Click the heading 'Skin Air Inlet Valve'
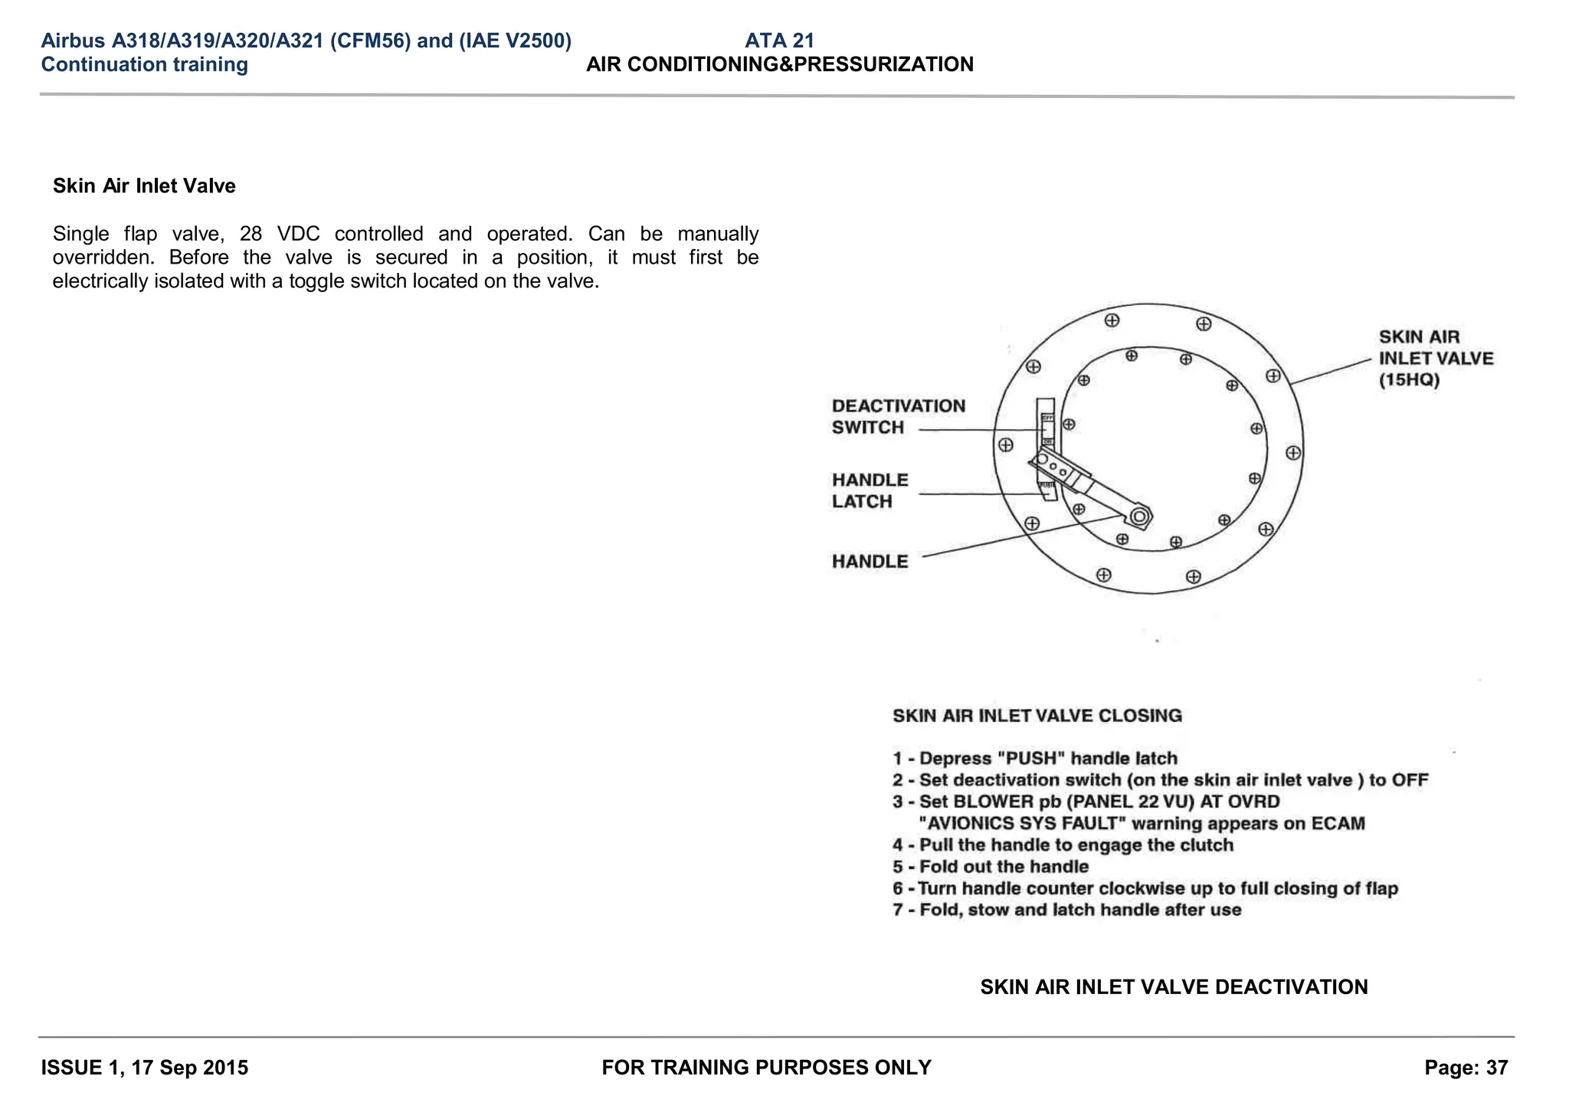tap(144, 186)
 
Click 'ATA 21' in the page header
tap(779, 41)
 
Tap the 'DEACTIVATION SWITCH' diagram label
tap(898, 417)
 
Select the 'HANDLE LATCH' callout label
tap(870, 491)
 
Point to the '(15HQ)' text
tap(1409, 380)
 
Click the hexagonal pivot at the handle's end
tap(1139, 517)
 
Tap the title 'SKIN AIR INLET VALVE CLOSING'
tap(1037, 716)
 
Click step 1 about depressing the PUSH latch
tap(1034, 759)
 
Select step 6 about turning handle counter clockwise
tap(1145, 889)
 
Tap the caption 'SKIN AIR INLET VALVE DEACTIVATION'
tap(1174, 987)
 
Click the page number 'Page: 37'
tap(1466, 1068)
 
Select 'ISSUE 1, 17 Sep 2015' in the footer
tap(145, 1068)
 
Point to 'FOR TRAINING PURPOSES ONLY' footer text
tap(766, 1068)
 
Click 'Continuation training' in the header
tap(145, 64)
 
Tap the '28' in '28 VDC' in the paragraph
tap(251, 234)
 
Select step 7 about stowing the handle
tap(1066, 910)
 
